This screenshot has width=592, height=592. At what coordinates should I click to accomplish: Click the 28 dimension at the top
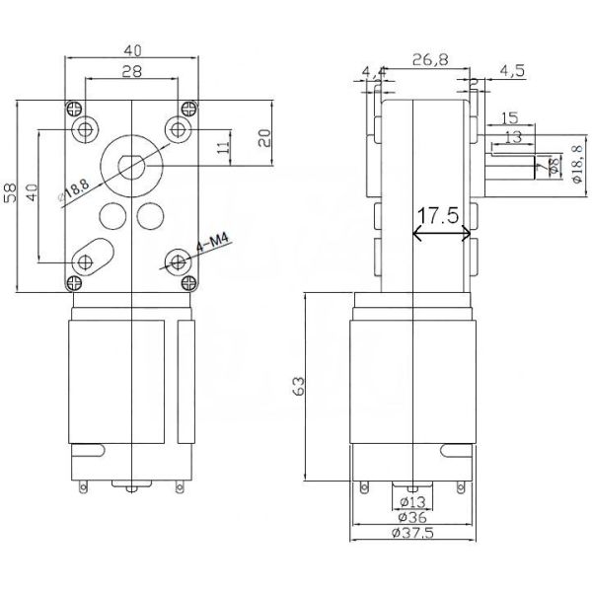(131, 71)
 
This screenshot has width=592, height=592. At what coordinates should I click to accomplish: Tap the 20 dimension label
(263, 138)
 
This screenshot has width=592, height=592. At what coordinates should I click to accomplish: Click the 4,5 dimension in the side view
(514, 70)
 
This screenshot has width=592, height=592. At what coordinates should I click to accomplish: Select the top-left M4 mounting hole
(83, 129)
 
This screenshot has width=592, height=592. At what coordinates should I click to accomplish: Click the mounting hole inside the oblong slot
(83, 260)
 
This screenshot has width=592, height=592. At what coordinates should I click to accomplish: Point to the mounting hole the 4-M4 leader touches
(179, 260)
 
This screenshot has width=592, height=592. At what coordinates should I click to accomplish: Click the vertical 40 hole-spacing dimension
(32, 192)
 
